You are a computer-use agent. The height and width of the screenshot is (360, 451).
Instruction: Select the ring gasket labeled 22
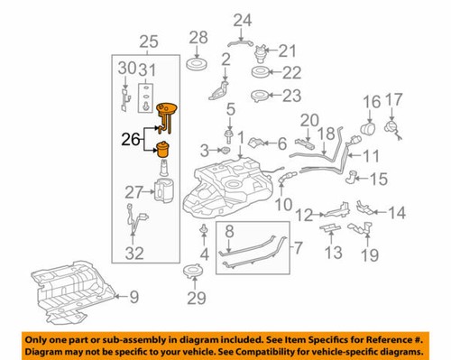coord(257,73)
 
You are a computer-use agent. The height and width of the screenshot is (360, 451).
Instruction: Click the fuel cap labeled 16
coord(369,132)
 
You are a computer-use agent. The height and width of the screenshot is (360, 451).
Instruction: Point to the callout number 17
coord(394,101)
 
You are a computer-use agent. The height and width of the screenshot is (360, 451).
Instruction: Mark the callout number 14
coord(397,214)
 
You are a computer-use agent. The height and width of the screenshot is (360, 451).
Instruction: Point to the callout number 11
coord(370,155)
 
